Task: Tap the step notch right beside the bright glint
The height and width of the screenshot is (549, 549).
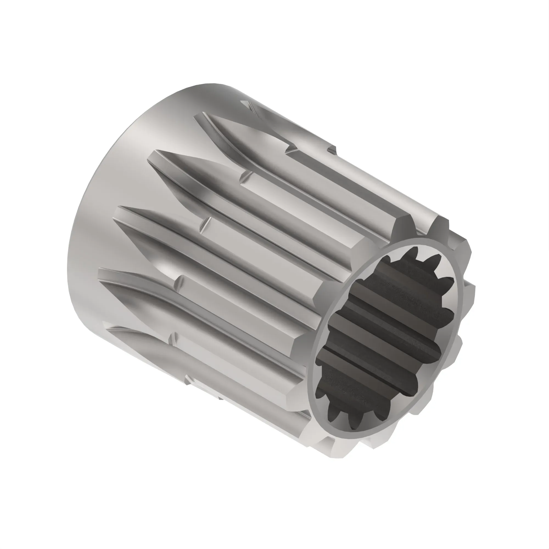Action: click(x=179, y=281)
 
